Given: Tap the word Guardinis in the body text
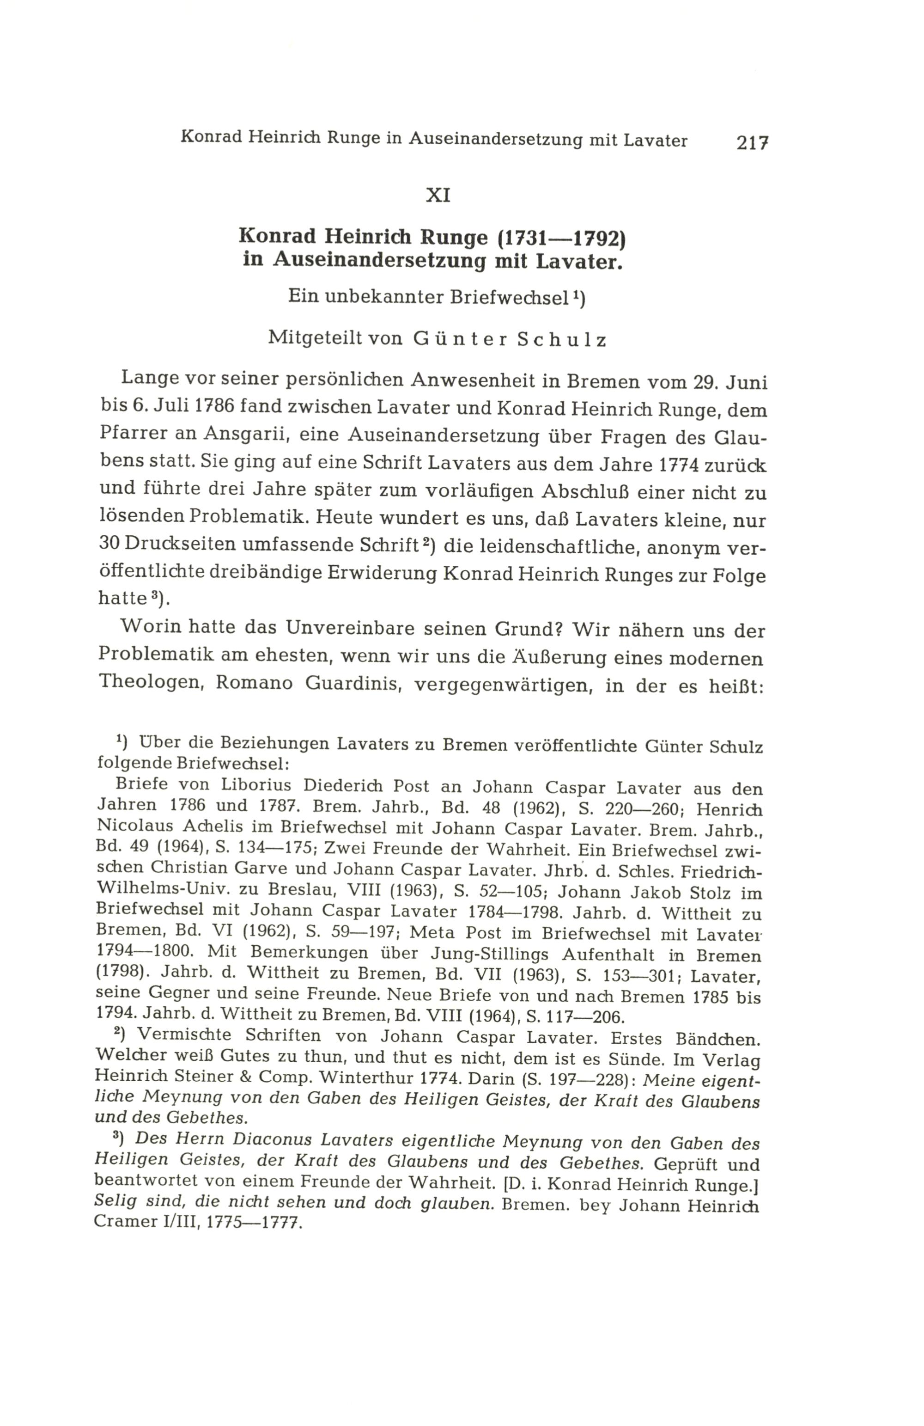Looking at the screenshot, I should [x=352, y=684].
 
